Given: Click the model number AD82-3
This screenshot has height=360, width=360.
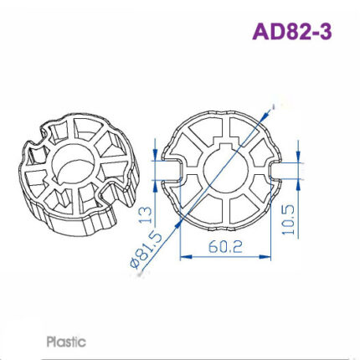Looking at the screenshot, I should (x=291, y=32).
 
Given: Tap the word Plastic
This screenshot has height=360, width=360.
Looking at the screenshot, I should (x=66, y=342).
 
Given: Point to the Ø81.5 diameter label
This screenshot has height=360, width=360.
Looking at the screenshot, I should (x=147, y=250).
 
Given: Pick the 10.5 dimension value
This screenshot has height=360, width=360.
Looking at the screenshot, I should (x=290, y=220).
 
